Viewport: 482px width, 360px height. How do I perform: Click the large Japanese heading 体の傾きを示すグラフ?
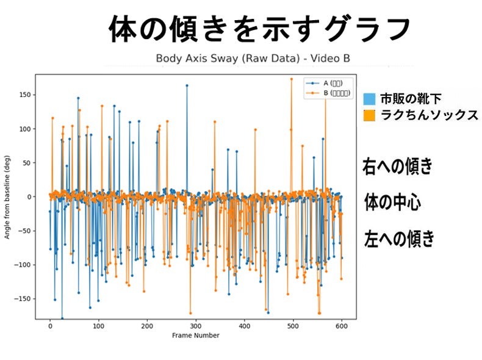coord(259,29)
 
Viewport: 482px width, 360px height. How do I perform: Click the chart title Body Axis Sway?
coord(253,59)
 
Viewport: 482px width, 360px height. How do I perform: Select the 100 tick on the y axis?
coord(24,129)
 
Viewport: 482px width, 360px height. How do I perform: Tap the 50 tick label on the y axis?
coord(26,163)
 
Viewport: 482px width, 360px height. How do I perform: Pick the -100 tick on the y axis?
coord(23,265)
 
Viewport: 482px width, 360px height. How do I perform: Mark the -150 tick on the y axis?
coord(23,299)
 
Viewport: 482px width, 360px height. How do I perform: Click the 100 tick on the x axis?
coord(98,326)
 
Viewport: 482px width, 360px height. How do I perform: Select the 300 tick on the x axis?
coord(195,326)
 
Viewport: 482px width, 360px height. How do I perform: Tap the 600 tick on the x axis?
coord(341,326)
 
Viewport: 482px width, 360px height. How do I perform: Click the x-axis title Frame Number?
coord(195,335)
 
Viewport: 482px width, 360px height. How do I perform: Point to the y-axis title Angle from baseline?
coord(8,196)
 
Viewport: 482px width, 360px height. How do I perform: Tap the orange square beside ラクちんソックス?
coord(369,115)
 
